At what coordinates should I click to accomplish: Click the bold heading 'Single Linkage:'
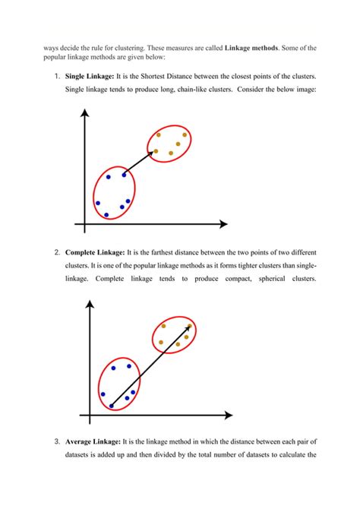point(92,78)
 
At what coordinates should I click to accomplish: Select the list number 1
point(56,78)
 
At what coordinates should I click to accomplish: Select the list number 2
point(57,252)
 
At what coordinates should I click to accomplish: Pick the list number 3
point(57,441)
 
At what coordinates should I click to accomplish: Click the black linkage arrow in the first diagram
point(140,163)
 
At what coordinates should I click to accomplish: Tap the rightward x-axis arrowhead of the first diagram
point(223,224)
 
